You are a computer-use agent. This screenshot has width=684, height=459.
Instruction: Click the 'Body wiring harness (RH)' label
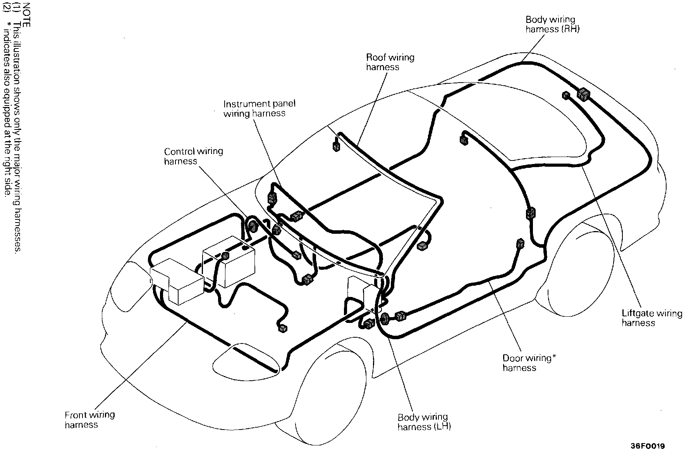coord(552,24)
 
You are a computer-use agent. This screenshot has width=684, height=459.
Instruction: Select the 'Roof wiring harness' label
coord(390,62)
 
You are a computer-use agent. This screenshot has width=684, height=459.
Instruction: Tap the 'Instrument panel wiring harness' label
coord(259,109)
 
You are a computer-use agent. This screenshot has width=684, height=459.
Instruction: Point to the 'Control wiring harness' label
coord(193,156)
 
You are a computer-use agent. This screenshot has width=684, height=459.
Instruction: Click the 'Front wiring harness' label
coord(89,419)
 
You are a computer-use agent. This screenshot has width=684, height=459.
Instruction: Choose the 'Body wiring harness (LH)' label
coord(424,422)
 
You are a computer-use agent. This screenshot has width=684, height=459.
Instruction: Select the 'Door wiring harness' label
coord(529,363)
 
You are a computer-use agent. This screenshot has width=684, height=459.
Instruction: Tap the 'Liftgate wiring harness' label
coord(651,318)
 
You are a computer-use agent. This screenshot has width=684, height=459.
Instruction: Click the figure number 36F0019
coord(647,446)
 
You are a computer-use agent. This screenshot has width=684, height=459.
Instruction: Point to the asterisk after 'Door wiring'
coord(554,357)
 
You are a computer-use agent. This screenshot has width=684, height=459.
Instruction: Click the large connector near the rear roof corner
coord(583,94)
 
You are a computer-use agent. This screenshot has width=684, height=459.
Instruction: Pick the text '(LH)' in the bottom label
coord(442,427)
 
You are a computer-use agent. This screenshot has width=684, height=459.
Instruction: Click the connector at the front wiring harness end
coord(283,328)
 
